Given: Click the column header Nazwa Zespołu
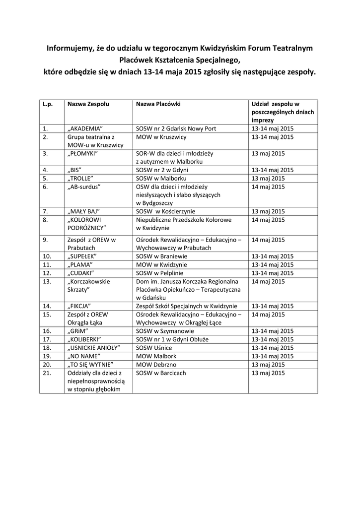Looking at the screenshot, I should (x=88, y=104).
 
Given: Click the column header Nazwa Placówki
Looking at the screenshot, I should (x=158, y=104).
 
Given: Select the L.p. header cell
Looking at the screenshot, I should (x=48, y=104).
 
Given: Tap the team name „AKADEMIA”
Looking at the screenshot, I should (x=85, y=128).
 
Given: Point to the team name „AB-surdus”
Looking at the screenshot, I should (x=84, y=187).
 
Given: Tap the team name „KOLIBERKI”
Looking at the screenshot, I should (x=84, y=339).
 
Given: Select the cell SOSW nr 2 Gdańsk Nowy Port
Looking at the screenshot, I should (x=176, y=128).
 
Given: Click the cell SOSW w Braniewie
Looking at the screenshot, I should (x=162, y=256).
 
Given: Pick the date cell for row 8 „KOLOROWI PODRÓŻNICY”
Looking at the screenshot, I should (x=268, y=219).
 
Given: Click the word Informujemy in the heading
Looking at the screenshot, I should (x=70, y=48).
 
